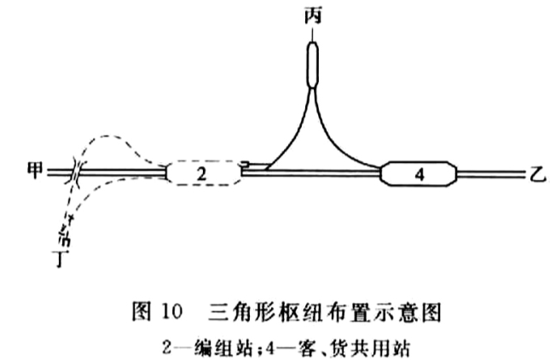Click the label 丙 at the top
313,16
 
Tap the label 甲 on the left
35,170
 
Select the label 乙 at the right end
537,174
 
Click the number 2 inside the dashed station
201,174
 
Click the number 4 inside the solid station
420,174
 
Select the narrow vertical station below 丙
312,65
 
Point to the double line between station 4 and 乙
490,174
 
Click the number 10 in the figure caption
172,311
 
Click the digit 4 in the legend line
270,348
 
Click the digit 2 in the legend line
167,348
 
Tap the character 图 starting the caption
142,312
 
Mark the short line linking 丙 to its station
312,33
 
